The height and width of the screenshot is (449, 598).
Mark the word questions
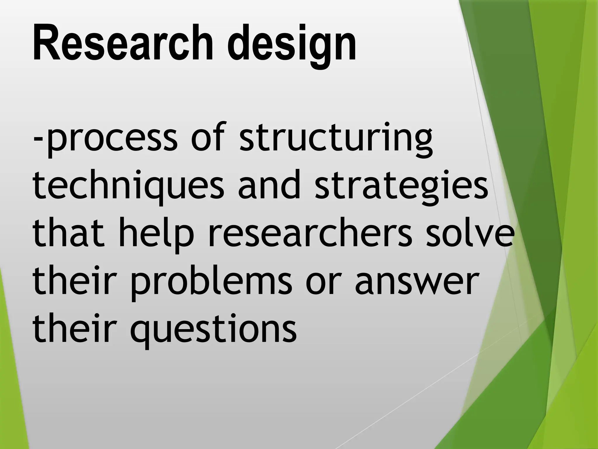click(213, 329)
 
